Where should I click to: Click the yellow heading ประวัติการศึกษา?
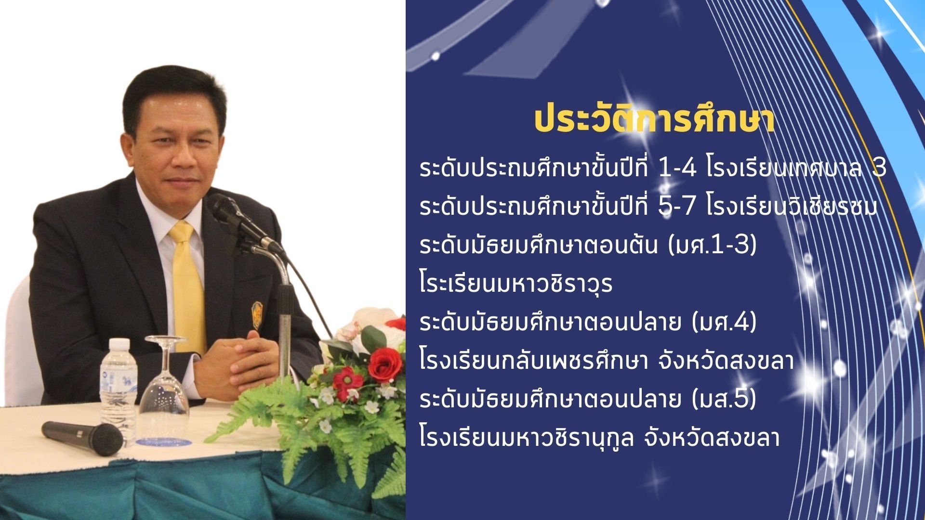(655, 121)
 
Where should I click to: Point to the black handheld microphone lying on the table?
(82, 438)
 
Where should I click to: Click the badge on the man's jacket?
(257, 315)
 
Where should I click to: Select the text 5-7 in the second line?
(677, 207)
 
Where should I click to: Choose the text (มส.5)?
(724, 400)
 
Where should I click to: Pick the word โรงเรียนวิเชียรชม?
(793, 208)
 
